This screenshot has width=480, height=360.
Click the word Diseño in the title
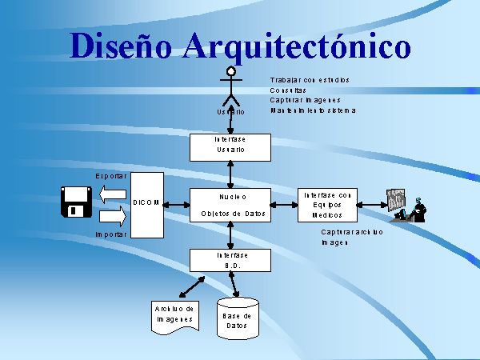pyautogui.click(x=120, y=46)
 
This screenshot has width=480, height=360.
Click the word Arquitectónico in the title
pyautogui.click(x=297, y=46)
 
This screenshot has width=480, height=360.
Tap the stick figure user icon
pyautogui.click(x=231, y=86)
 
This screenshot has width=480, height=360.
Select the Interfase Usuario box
pyautogui.click(x=230, y=145)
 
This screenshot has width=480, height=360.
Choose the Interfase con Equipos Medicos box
pyautogui.click(x=327, y=205)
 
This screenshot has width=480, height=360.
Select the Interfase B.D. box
pyautogui.click(x=230, y=260)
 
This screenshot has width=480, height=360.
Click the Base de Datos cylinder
pyautogui.click(x=237, y=321)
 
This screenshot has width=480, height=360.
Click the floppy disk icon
pyautogui.click(x=77, y=202)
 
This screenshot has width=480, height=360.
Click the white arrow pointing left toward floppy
pyautogui.click(x=113, y=194)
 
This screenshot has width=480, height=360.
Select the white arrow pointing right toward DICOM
pyautogui.click(x=113, y=215)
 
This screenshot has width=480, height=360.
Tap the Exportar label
pyautogui.click(x=111, y=175)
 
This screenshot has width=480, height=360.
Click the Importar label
pyautogui.click(x=110, y=234)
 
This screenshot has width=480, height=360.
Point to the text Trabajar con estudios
pyautogui.click(x=310, y=80)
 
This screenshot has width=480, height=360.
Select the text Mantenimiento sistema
pyautogui.click(x=313, y=110)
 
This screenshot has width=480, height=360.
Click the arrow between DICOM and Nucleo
pyautogui.click(x=176, y=205)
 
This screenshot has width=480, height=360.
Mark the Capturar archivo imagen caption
pyautogui.click(x=352, y=237)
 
